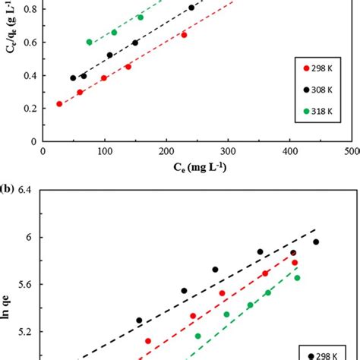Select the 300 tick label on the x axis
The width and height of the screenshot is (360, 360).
[228, 151]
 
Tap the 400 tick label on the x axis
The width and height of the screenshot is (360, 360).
[289, 151]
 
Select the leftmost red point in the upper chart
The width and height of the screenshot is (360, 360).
[59, 104]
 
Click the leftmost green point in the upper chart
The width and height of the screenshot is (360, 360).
[90, 43]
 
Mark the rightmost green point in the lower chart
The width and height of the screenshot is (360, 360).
[297, 278]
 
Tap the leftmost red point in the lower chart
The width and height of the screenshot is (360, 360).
[148, 342]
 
